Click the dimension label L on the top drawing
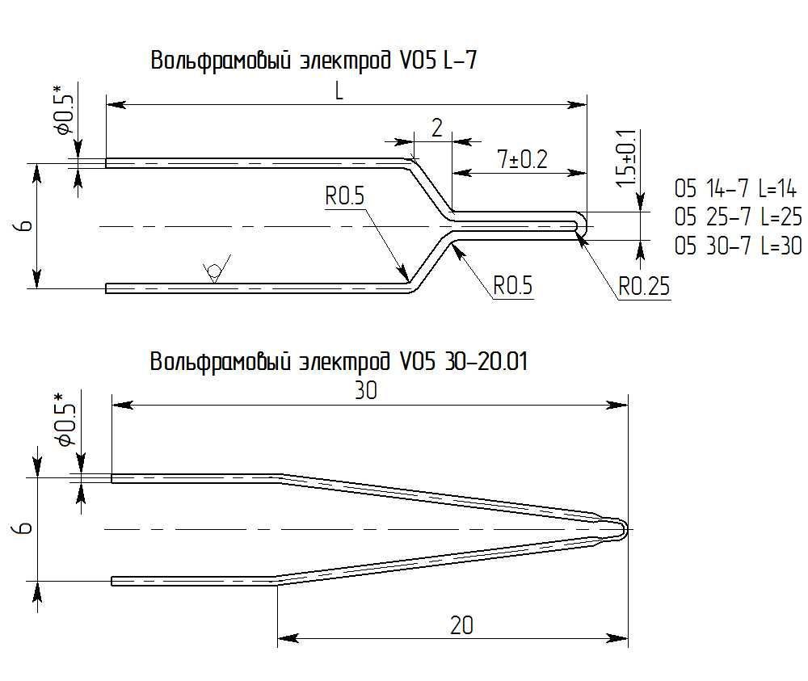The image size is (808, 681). click(339, 91)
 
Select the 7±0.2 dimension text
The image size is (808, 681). click(511, 159)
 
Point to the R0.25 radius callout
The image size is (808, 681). click(644, 286)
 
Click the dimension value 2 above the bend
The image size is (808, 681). click(436, 128)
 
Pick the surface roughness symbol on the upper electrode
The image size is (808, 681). click(216, 271)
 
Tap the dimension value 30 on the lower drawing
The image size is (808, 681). click(364, 391)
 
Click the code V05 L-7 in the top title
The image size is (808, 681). click(443, 62)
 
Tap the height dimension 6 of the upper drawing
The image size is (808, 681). click(26, 225)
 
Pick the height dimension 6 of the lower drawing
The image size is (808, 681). click(26, 528)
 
